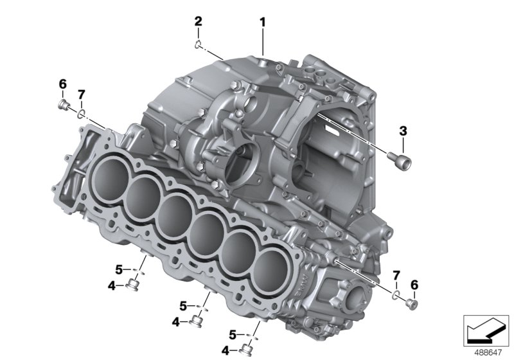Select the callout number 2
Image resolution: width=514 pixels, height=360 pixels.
tap(199, 22)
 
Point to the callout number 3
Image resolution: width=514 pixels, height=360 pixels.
tap(403, 131)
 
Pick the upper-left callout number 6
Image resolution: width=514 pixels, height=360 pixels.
tap(62, 84)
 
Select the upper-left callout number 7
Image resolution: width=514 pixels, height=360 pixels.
tap(81, 95)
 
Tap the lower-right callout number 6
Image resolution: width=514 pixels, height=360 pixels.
tap(414, 285)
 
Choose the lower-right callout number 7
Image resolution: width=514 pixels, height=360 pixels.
tap(396, 276)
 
